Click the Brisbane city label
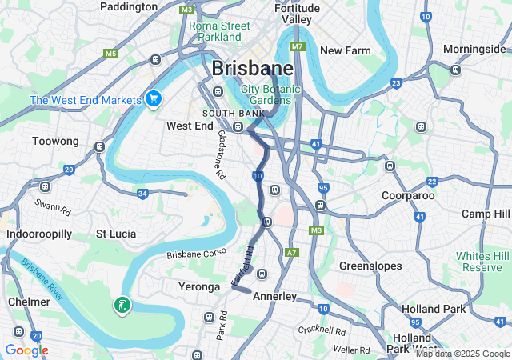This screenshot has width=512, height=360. (x=252, y=69)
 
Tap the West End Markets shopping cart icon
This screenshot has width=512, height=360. (x=154, y=98)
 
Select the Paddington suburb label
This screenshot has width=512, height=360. (x=129, y=6)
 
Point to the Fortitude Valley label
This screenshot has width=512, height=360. (x=297, y=13)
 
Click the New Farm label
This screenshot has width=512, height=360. (x=345, y=50)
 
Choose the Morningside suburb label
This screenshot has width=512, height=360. (x=474, y=50)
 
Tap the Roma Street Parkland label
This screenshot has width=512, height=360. (x=219, y=31)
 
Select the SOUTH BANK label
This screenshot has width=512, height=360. (x=234, y=114)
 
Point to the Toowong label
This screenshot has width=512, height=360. (x=55, y=142)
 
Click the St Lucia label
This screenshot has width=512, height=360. (x=116, y=234)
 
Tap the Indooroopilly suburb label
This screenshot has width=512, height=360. (x=39, y=234)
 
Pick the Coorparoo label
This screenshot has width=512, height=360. (x=407, y=195)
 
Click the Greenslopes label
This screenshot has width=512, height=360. (x=368, y=265)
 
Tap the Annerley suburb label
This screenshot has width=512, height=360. (x=274, y=296)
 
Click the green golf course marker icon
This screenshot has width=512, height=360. (x=122, y=305)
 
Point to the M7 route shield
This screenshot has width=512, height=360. (x=298, y=46)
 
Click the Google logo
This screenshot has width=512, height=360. (x=26, y=350)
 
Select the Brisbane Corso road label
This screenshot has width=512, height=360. (x=197, y=255)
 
